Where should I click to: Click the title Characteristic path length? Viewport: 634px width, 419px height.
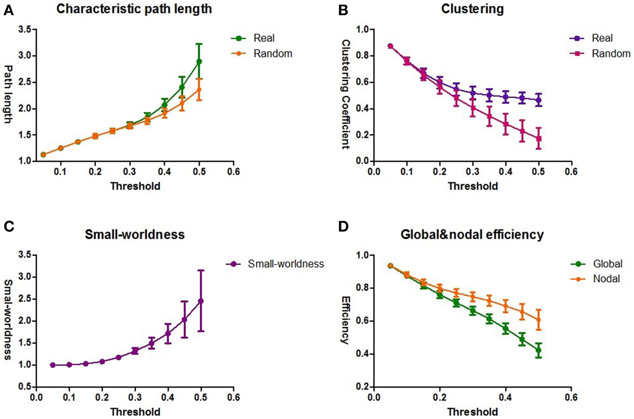[x=134, y=9]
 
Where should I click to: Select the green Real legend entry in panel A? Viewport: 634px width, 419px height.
[x=253, y=38]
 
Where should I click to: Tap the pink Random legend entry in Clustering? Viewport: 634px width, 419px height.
[x=600, y=54]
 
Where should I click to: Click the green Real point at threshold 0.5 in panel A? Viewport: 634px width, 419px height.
[x=199, y=61]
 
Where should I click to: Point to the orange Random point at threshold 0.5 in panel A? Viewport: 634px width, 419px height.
[x=199, y=90]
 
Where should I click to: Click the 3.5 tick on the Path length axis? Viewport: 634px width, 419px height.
[x=25, y=29]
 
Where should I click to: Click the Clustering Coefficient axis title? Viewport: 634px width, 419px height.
[x=346, y=94]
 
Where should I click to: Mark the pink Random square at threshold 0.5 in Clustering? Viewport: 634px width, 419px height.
[x=539, y=139]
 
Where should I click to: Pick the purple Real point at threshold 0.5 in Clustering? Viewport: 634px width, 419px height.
[x=539, y=100]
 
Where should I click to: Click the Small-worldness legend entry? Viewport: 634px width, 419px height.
[x=275, y=264]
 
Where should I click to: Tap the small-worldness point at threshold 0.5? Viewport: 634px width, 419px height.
[x=201, y=301]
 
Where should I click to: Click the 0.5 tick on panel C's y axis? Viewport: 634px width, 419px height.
[x=25, y=387]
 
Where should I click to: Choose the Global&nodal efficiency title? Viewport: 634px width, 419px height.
[x=472, y=235]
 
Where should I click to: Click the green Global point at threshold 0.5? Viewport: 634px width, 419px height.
[x=539, y=350]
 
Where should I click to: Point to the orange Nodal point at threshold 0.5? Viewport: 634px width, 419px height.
[x=539, y=320]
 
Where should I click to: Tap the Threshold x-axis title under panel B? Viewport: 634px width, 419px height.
[x=473, y=186]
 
